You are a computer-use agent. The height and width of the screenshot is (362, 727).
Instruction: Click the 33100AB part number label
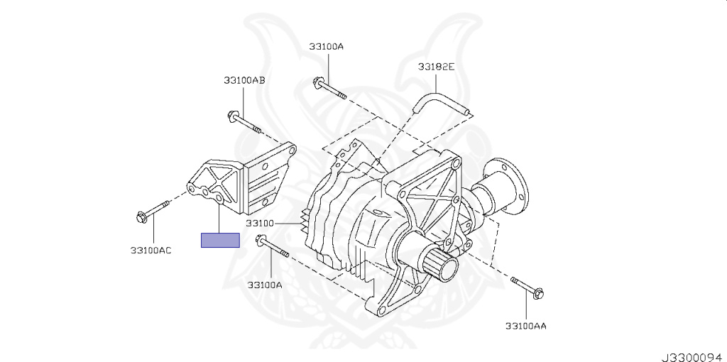click(244, 80)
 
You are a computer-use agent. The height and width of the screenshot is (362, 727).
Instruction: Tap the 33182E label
click(437, 67)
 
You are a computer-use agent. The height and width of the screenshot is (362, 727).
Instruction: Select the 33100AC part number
click(151, 251)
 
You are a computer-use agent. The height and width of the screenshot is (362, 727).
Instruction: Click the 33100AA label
click(526, 326)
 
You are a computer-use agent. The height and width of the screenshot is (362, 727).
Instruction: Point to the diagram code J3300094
click(694, 357)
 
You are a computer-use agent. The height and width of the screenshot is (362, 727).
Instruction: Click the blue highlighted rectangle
click(220, 240)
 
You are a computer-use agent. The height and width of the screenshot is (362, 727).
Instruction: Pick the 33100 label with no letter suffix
click(260, 224)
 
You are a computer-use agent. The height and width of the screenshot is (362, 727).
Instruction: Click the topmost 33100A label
click(327, 46)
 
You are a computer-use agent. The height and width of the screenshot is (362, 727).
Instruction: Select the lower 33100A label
click(265, 285)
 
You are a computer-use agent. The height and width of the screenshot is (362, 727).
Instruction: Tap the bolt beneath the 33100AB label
click(244, 122)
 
